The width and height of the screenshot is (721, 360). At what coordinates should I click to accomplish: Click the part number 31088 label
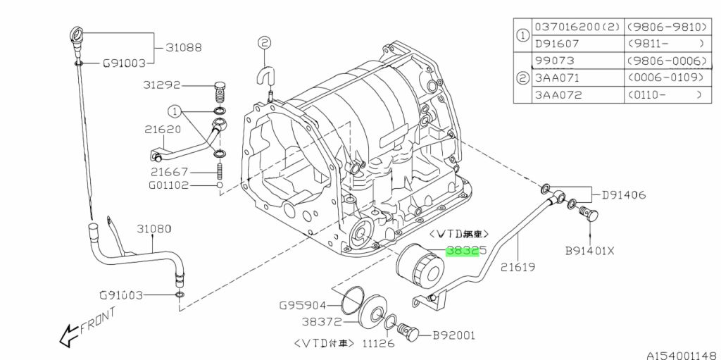[x=184, y=48]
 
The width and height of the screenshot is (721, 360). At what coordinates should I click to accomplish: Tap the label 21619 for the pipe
[x=518, y=267]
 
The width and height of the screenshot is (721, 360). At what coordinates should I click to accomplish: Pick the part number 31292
[x=162, y=85]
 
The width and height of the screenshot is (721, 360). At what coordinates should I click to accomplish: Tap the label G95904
[x=303, y=306]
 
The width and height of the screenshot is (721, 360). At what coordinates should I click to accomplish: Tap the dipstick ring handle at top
[x=77, y=34]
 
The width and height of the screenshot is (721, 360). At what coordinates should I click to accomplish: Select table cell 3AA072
[x=558, y=94]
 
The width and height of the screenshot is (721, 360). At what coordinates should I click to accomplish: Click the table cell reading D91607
[x=558, y=43]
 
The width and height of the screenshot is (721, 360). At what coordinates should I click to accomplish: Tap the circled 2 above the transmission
[x=264, y=43]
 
